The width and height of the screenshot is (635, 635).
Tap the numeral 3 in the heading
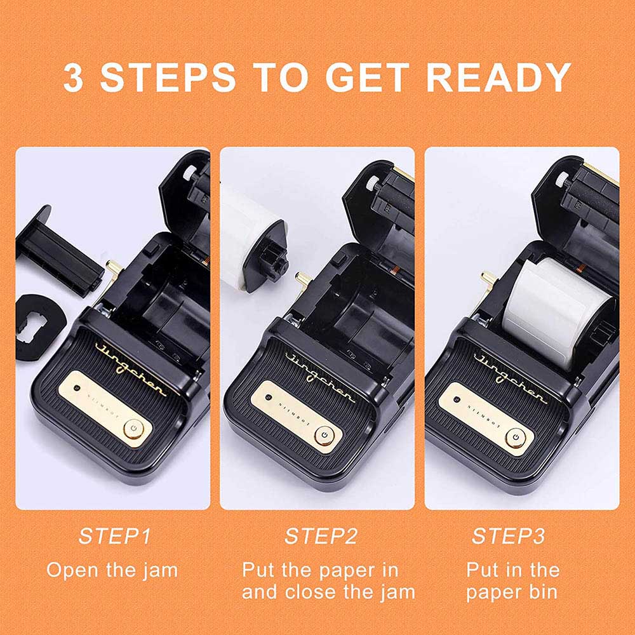click(73, 77)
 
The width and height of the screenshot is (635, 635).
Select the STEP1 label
click(114, 536)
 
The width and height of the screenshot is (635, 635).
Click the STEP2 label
click(321, 536)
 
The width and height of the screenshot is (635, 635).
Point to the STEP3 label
click(508, 536)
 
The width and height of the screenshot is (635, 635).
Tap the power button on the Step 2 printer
click(324, 436)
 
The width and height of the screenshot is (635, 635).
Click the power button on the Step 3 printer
click(516, 438)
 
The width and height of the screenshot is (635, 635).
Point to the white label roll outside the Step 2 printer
click(253, 239)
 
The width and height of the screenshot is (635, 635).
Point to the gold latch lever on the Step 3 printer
click(488, 281)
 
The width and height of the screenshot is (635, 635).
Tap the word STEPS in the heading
click(168, 77)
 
